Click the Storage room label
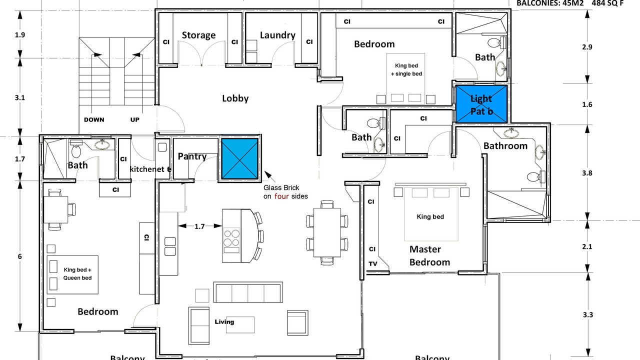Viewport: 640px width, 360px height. pos(198,35)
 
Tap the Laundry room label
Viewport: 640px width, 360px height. pos(277,35)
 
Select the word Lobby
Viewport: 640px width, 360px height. pos(235,98)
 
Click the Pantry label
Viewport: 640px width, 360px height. pos(192,156)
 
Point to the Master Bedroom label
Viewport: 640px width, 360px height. pos(429,255)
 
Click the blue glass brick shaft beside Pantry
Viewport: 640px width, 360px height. pos(239,159)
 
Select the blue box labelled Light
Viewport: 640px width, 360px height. pos(481,104)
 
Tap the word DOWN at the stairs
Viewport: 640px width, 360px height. pos(94,120)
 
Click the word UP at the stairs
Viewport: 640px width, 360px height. pos(134,120)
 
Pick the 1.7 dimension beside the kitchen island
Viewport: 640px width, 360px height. pos(199,226)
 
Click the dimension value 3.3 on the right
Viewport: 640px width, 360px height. pos(588,315)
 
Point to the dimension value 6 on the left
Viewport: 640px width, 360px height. pos(20,256)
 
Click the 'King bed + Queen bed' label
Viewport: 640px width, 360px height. pos(77,273)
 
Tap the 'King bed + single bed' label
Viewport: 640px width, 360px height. pos(406,69)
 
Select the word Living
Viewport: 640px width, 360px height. pos(224,321)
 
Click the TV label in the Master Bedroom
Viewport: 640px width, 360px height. pos(373,264)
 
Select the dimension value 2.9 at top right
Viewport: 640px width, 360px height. pos(587,47)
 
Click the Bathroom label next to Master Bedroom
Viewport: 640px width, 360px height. pos(505,146)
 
